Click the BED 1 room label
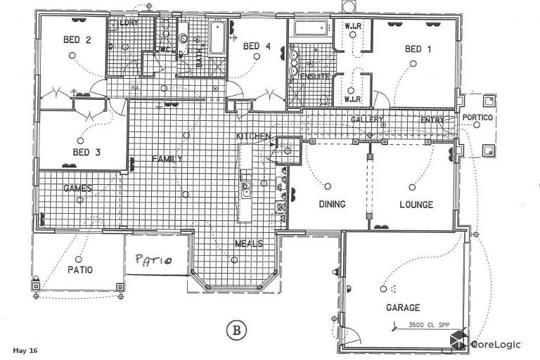coord(418,49)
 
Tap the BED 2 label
coord(78,40)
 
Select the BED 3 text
coord(86,152)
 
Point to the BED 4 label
coord(257,46)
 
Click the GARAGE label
coord(403,307)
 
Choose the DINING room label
coord(332,205)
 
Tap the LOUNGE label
coord(416,205)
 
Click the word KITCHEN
coord(253,135)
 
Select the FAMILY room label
coord(167,159)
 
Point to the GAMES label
coord(77,188)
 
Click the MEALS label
coord(248,244)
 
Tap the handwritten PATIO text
coord(154,261)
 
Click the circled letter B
coord(237,329)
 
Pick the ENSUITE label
coord(309,75)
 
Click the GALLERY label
coord(367,120)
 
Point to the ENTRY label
coord(432,120)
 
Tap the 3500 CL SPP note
coord(428,325)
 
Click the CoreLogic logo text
coord(496,344)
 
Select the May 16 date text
coord(25,350)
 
